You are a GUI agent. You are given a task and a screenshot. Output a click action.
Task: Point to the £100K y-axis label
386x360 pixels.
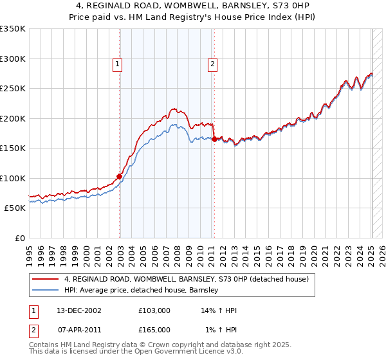[x=13, y=178]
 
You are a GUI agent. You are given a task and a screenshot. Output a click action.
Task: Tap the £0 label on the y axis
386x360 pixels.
[x=20, y=238]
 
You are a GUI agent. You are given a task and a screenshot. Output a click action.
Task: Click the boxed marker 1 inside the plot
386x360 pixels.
[x=119, y=64]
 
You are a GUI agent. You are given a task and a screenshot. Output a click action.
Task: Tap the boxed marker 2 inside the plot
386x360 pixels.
[x=212, y=64]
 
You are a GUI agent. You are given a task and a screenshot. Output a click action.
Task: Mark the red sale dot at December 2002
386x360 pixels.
[x=120, y=176]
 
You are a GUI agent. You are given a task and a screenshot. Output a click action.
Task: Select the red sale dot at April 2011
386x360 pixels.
[x=214, y=139]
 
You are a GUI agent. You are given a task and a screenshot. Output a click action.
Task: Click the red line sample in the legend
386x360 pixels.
[x=46, y=279]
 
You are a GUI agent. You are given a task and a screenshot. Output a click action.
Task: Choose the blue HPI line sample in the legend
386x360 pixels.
[x=46, y=290]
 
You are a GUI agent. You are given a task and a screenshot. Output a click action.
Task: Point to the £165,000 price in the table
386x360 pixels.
[x=154, y=330]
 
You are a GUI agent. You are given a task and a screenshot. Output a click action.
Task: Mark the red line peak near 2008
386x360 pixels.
[x=174, y=109]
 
